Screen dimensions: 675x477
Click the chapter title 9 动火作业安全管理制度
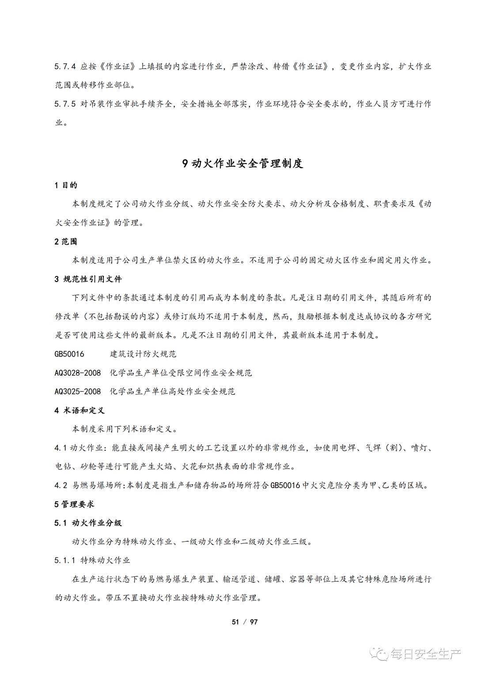coord(242,163)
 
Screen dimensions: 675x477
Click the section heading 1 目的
coord(66,185)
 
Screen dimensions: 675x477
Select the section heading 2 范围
coord(66,241)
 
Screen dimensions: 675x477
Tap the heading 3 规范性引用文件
coord(88,279)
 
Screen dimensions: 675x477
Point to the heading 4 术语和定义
coord(79,410)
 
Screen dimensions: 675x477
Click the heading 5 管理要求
coord(74,504)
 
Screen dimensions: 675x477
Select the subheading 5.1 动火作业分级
coord(88,523)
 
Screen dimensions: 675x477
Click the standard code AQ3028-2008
coord(78,373)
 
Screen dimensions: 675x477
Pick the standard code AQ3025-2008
coord(78,391)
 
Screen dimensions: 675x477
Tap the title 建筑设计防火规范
coord(143,354)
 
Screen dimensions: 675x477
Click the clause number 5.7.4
coord(65,66)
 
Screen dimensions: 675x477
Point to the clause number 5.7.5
coord(65,104)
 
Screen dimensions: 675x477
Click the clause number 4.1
coord(61,448)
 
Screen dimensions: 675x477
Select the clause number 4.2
coord(61,485)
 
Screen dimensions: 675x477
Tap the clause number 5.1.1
coord(65,560)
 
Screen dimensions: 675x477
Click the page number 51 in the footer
coord(235,622)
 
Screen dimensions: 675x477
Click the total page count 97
coord(254,622)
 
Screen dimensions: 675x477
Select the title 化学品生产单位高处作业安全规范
coord(172,391)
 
